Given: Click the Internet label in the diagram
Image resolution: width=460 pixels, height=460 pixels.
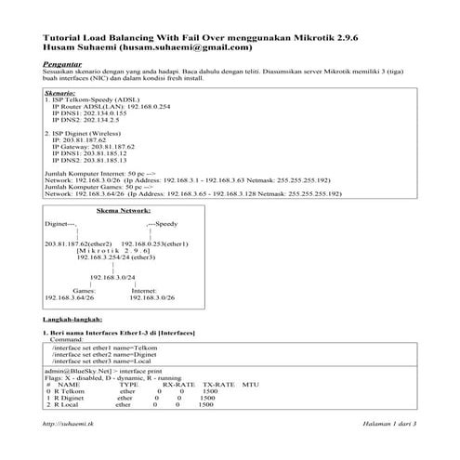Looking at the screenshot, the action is tap(149, 290).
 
